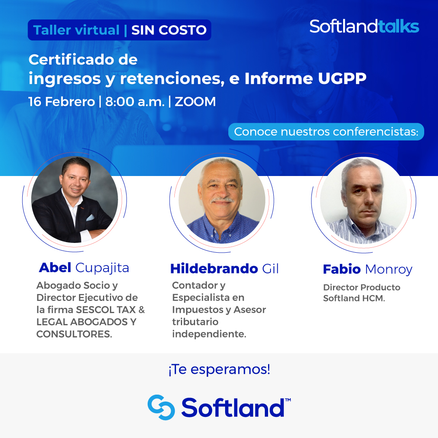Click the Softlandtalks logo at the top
pos(364,26)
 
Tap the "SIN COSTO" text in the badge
pos(169,30)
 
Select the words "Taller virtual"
pos(76,30)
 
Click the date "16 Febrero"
pos(61,101)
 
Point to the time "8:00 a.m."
pos(135,101)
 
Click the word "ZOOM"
pos(195,101)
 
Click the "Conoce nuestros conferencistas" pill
pos(326,132)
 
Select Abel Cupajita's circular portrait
pos(75,199)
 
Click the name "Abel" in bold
pos(55,268)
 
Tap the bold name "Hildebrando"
pos(214,268)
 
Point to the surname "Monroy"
pos(389,269)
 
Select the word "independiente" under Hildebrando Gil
pos(208,334)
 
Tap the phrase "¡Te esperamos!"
pos(219,370)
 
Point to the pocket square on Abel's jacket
pos(90,217)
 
